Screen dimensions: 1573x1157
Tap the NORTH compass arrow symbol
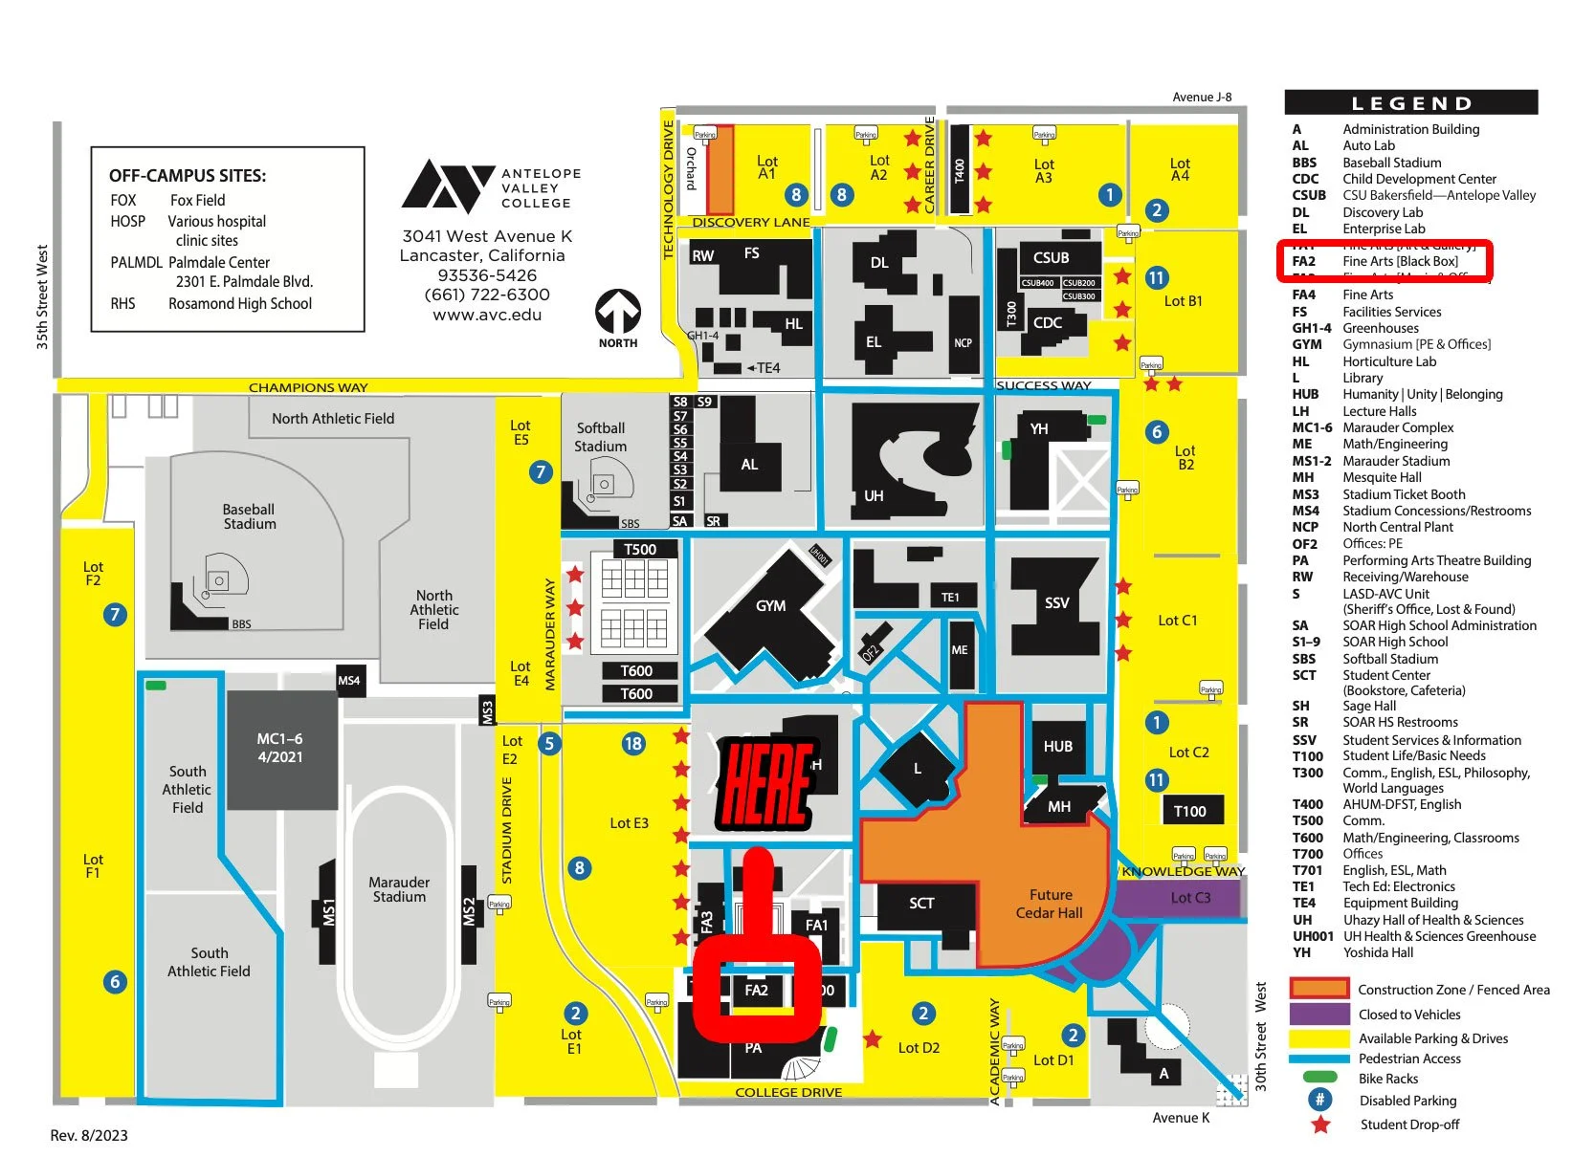(x=618, y=313)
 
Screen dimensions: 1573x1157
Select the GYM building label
(x=770, y=606)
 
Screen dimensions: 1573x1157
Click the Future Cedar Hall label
(x=1050, y=904)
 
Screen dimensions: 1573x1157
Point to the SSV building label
(x=1056, y=603)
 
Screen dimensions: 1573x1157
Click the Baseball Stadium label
(x=249, y=516)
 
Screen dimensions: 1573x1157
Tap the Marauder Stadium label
(x=399, y=889)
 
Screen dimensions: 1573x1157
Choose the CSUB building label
(x=1051, y=258)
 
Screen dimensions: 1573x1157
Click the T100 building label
(x=1189, y=812)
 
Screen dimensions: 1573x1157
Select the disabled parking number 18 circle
(x=632, y=744)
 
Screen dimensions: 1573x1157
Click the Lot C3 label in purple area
(x=1190, y=898)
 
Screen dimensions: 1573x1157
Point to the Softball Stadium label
(x=600, y=437)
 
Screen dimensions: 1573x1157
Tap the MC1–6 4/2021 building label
(x=279, y=748)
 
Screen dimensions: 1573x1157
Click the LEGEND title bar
(x=1410, y=103)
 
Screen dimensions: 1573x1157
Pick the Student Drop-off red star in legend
(x=1320, y=1124)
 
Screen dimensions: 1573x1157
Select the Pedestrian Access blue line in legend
(x=1319, y=1059)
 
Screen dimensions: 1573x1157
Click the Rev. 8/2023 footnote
(x=89, y=1136)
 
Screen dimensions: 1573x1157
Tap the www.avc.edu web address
(x=487, y=315)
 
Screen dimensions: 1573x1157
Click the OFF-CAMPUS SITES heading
(x=188, y=176)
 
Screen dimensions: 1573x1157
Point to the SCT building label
(x=921, y=904)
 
